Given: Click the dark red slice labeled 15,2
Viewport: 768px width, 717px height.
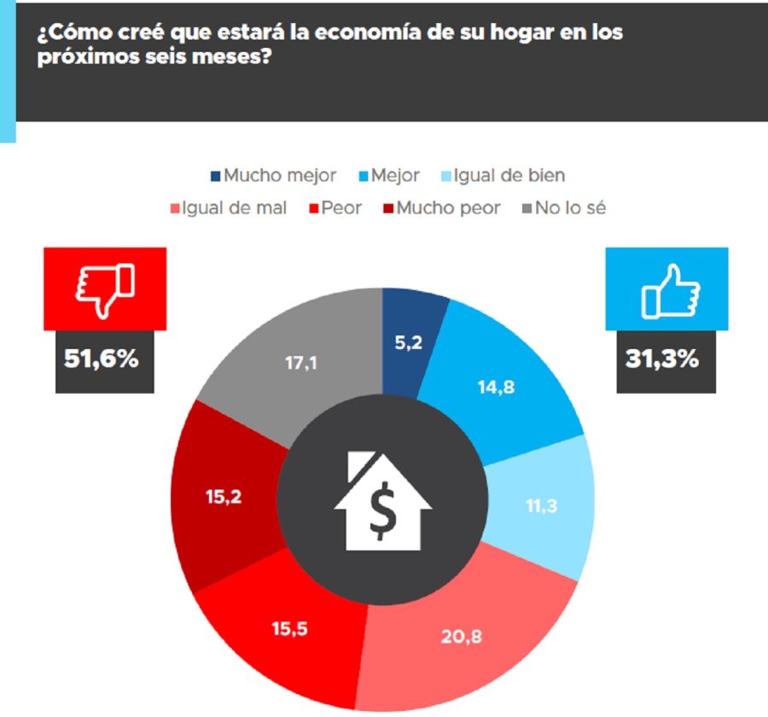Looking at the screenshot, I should (224, 496).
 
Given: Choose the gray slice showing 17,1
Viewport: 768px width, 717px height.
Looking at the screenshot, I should (301, 363).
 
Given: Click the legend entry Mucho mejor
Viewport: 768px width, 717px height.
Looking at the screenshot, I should (273, 176).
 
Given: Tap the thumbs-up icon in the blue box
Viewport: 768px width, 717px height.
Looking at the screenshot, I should (668, 289).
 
